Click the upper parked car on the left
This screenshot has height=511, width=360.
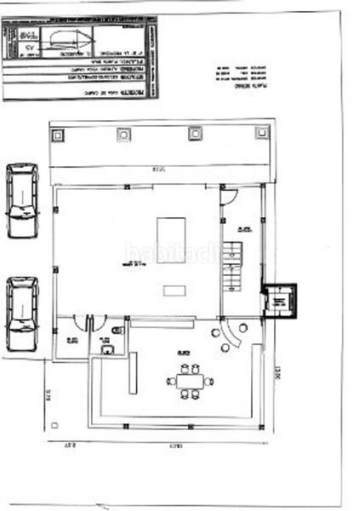point(22,201)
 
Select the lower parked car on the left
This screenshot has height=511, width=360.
point(22,313)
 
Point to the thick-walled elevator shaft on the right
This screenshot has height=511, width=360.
point(276,301)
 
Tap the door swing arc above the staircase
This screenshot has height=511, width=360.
point(227,195)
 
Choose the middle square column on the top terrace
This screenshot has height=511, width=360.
point(195,133)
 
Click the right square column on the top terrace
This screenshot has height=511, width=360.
point(262,133)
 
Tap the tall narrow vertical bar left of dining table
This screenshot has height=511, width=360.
point(133,375)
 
